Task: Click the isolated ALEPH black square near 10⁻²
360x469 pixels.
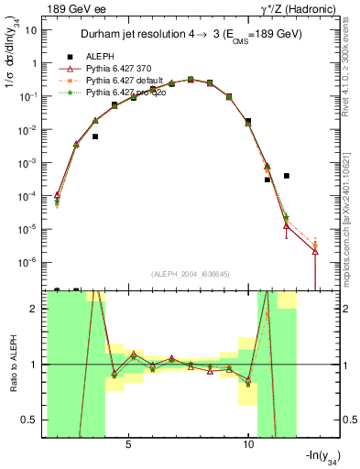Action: (x=95, y=136)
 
